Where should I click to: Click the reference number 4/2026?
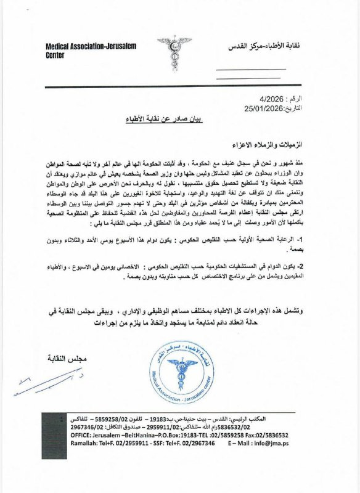pyautogui.click(x=271, y=99)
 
